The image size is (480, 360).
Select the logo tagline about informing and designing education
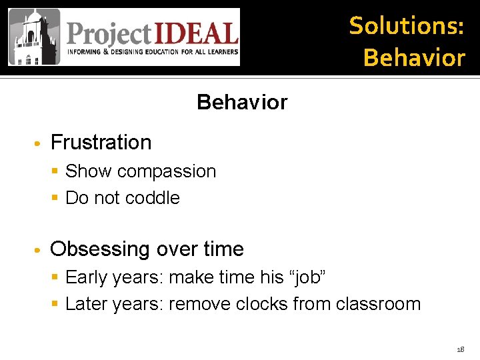(x=151, y=52)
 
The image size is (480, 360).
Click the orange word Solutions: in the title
(x=407, y=25)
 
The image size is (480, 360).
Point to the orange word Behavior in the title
(x=414, y=57)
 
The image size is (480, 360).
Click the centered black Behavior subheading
(x=242, y=102)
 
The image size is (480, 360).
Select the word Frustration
(x=101, y=142)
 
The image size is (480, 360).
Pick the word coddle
(x=153, y=198)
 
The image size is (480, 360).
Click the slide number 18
(x=460, y=349)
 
